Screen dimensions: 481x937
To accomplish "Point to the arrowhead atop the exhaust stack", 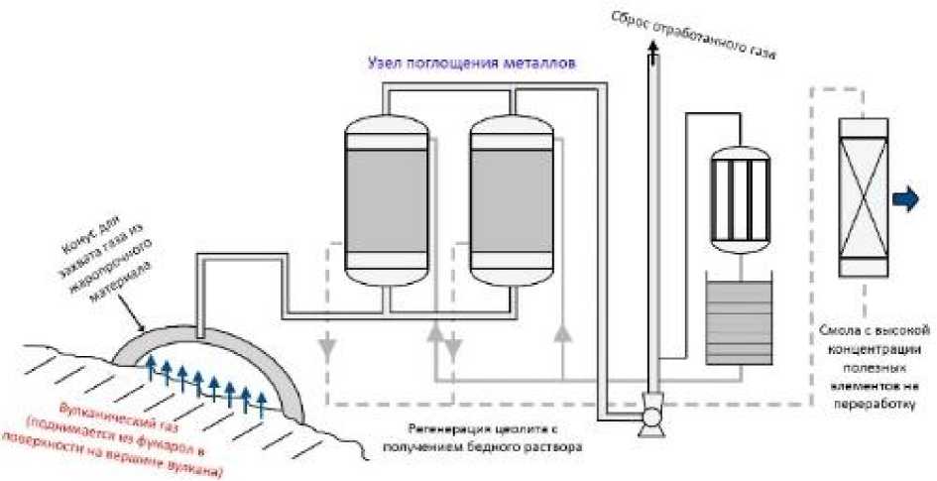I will click(x=651, y=48).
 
